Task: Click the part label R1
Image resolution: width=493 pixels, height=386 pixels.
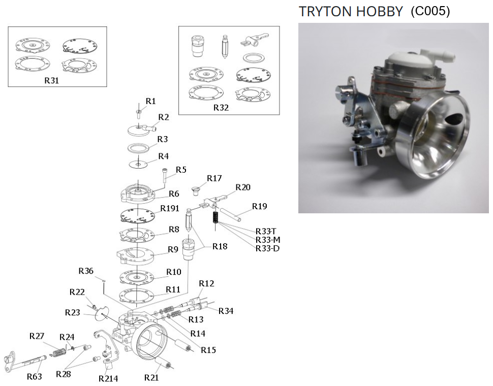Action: [x=150, y=101]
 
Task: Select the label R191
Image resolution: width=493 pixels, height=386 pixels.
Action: [x=170, y=208]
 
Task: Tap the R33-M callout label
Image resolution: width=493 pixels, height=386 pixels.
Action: [x=268, y=240]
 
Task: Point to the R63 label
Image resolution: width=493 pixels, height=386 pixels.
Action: [x=34, y=376]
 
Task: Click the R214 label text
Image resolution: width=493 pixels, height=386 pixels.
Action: [x=108, y=378]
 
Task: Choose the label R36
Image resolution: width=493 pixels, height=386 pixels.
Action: [x=86, y=271]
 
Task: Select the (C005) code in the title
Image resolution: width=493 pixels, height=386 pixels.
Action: [x=430, y=11]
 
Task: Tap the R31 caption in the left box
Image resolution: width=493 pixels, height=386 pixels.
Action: [x=51, y=81]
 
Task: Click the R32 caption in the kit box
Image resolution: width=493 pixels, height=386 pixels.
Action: [x=221, y=108]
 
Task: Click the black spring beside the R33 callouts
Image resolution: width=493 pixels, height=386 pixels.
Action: [x=215, y=217]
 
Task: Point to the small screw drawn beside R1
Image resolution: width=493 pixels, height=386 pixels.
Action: [x=139, y=113]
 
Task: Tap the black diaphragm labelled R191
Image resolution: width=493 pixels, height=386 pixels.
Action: [x=138, y=216]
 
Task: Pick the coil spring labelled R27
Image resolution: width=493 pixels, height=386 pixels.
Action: [x=58, y=353]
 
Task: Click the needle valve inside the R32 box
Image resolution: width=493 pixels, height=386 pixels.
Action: [x=225, y=47]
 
